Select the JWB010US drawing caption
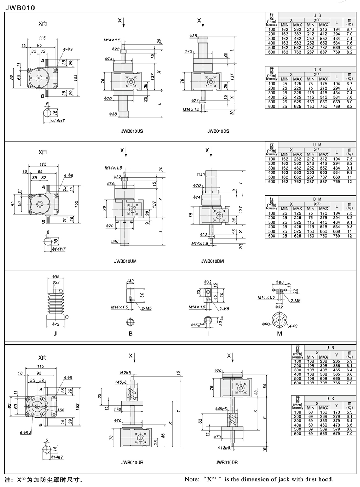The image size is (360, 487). (132, 131)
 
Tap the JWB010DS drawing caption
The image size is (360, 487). (218, 131)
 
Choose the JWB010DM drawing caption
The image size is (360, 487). (212, 261)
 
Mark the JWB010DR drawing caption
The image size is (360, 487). (226, 463)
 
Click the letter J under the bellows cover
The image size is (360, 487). (55, 333)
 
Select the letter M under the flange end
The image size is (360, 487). (279, 333)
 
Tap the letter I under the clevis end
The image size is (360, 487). (208, 333)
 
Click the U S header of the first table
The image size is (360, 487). (317, 15)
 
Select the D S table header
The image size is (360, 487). (317, 70)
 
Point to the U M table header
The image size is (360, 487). (317, 145)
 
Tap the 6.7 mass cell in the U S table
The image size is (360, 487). (349, 30)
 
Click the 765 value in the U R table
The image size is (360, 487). (336, 383)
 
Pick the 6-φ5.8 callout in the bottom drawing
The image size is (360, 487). (26, 433)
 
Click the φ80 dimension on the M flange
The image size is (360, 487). (280, 283)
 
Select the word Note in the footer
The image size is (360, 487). (192, 479)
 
